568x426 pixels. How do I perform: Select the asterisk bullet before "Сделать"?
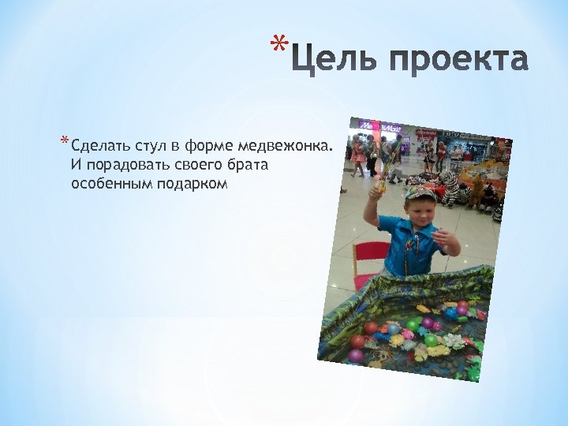click(x=64, y=143)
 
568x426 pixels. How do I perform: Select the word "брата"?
click(x=248, y=166)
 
